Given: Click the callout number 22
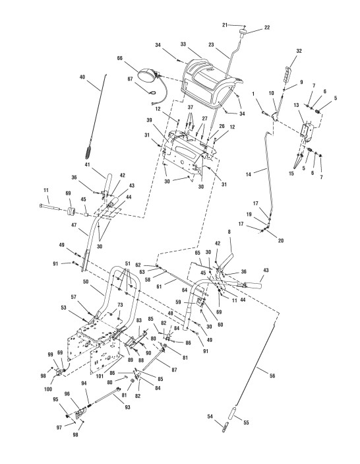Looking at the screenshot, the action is pos(267,27).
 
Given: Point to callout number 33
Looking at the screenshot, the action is pos(183,44).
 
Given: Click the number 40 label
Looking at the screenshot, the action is pos(82,77).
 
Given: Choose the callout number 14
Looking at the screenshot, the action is pos(249,174).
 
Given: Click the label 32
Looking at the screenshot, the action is pos(299,51).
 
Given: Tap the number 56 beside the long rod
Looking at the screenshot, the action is pos(272,376).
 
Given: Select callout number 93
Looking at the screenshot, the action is pos(127,407).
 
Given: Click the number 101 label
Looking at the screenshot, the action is pos(100,376).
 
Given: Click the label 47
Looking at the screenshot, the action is pos(74,225).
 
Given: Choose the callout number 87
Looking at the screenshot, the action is pos(174,370).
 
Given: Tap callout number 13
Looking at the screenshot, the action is pos(296,105).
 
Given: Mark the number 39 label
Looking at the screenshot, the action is pos(149,120).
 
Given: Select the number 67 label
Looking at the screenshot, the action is pos(130,79).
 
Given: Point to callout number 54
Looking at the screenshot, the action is pos(210,416).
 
